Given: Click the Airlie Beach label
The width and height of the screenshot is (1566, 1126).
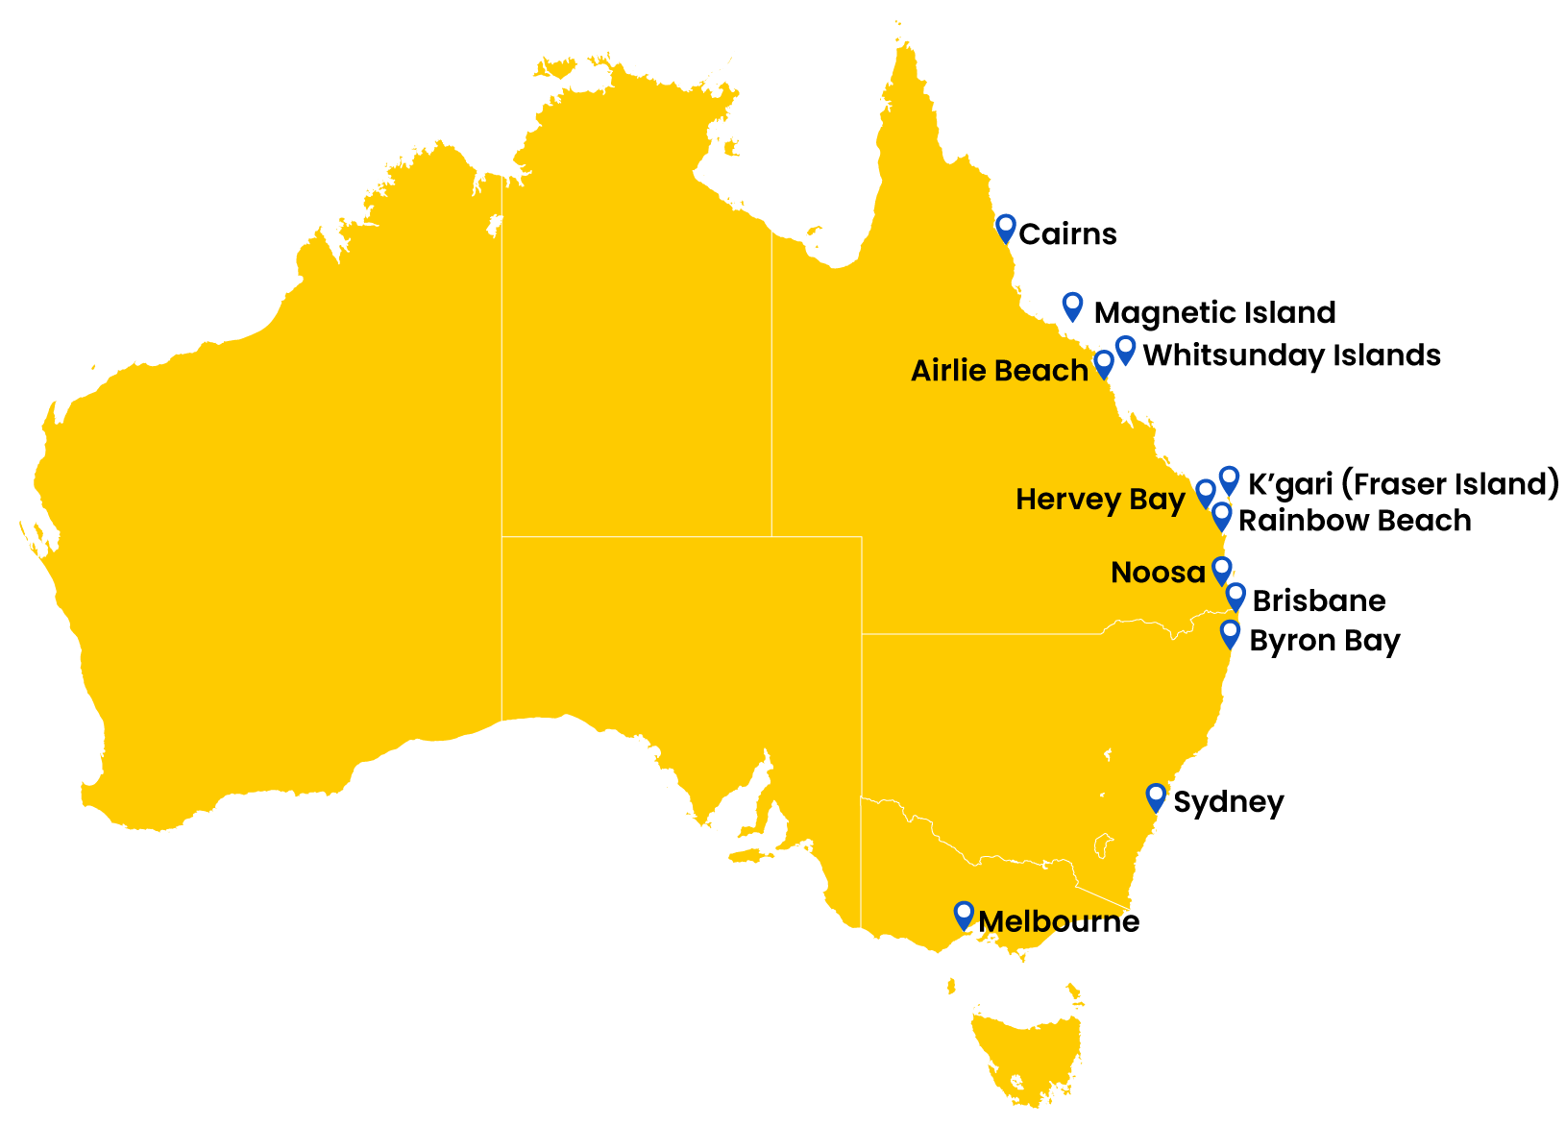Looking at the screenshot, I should click(999, 371).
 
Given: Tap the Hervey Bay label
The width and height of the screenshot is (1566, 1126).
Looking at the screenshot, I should click(1100, 500).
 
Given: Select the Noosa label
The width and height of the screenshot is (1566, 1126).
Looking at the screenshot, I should click(1158, 573).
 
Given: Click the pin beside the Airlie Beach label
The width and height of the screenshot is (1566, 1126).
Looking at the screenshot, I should click(1104, 363).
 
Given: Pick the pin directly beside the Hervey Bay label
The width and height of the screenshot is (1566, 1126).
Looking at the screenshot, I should click(1206, 493).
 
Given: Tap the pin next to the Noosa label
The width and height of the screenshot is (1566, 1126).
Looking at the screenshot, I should click(1221, 570).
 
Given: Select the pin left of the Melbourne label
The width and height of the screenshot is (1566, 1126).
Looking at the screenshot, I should click(964, 915).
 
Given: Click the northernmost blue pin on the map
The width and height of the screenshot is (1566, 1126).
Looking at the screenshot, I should click(1005, 228).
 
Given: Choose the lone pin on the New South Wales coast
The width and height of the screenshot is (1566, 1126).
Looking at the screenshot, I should click(1156, 796).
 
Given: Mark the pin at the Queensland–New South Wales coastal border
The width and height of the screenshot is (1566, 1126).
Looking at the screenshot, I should click(1230, 633).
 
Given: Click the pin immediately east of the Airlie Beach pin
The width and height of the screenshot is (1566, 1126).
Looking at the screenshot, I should click(1125, 349).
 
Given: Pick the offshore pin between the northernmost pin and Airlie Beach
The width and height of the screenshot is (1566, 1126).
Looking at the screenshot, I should click(1072, 306).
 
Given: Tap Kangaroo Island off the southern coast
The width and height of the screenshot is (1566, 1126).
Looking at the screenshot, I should click(750, 854).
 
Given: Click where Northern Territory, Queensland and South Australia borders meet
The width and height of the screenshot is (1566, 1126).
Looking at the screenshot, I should click(771, 536).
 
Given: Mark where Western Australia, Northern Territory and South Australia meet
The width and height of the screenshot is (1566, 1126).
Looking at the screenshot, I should click(502, 535).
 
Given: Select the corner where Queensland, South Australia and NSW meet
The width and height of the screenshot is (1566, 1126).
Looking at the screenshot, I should click(862, 633).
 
